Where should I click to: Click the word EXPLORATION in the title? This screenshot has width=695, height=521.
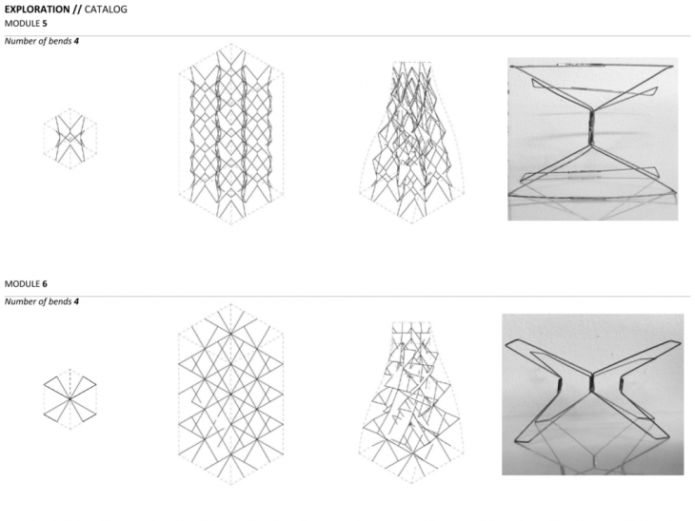[37, 10]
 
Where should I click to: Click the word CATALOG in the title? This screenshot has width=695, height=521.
[106, 10]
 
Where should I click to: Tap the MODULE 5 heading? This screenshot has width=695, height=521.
[26, 23]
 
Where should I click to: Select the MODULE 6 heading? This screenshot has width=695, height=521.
[26, 283]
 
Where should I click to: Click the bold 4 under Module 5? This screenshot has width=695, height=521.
[77, 41]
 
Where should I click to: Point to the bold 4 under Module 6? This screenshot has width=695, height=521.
[77, 301]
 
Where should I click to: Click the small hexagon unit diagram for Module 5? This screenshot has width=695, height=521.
[70, 139]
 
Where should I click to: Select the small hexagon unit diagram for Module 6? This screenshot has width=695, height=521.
[70, 398]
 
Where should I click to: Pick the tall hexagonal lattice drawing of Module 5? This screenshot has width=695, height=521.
[231, 134]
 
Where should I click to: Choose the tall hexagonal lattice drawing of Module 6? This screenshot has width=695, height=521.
[231, 394]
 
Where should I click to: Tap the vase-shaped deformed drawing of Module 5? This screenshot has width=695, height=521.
[412, 142]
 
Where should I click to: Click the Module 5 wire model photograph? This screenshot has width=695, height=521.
[592, 139]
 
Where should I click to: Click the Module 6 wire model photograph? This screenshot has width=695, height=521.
[592, 395]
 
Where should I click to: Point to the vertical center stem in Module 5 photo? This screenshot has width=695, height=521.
[590, 127]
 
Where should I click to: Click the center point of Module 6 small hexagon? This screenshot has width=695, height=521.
[70, 399]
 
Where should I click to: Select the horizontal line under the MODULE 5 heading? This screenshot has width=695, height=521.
[347, 36]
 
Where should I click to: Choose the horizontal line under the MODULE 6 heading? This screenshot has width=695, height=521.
[347, 296]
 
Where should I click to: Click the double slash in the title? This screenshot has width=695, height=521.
[77, 10]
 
